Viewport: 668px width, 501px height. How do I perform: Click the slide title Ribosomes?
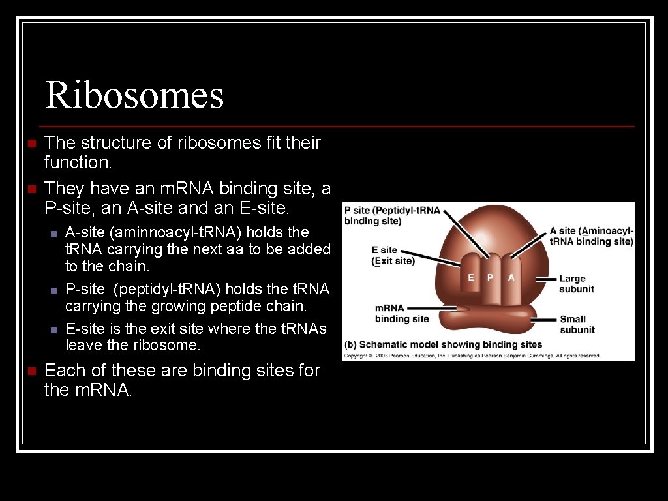coord(134,95)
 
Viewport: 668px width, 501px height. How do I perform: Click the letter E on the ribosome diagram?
coord(471,277)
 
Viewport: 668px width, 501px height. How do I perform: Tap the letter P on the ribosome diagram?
coord(491,277)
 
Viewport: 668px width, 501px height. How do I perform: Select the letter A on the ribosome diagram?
coord(511,277)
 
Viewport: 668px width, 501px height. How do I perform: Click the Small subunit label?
coord(577,324)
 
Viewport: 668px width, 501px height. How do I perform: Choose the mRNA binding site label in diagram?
coord(401,313)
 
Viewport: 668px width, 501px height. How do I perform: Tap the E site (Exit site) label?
coord(393,255)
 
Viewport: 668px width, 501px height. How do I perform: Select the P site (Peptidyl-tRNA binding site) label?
coord(392,215)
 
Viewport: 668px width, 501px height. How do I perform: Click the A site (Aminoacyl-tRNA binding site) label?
coord(591,235)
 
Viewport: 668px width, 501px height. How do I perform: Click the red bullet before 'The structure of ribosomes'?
coord(29,143)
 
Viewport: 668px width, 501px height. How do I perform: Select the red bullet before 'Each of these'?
coord(29,371)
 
